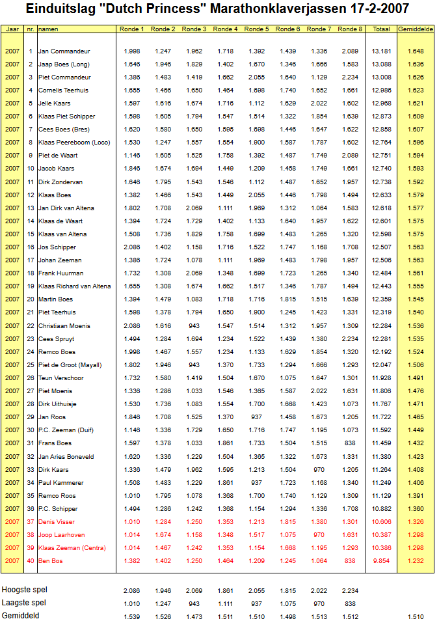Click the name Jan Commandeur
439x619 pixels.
click(64, 51)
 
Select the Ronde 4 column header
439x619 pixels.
click(226, 29)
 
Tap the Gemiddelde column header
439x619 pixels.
click(416, 29)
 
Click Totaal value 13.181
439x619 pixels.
click(381, 51)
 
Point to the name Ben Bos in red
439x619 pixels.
click(51, 561)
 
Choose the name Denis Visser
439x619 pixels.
click(57, 522)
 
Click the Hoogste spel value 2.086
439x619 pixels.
click(132, 590)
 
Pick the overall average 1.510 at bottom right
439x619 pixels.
click(416, 615)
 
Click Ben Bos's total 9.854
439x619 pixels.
click(382, 561)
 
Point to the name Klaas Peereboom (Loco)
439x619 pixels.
click(74, 143)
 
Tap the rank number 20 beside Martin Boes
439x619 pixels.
click(31, 299)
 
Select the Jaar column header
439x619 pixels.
click(12, 29)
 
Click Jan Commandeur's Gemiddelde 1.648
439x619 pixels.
click(416, 51)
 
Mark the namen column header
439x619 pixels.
click(47, 29)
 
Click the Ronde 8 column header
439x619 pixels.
click(350, 29)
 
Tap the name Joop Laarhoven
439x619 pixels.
click(60, 535)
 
